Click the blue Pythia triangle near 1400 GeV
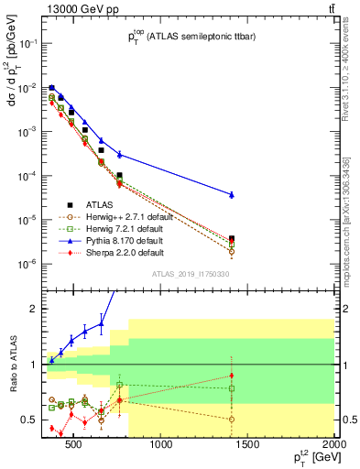point(232,194)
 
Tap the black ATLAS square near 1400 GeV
point(232,238)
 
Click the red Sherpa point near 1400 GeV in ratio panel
point(232,376)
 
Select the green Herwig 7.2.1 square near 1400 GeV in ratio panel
point(232,388)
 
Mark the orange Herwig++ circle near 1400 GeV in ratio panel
point(232,419)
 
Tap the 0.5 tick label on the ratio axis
point(27,420)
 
